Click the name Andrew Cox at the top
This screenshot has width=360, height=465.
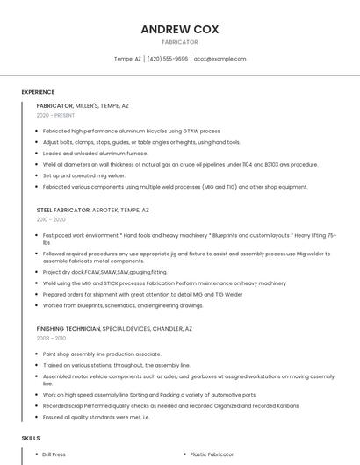(180, 29)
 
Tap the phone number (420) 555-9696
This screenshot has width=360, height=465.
(168, 59)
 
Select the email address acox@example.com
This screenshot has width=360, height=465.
(220, 59)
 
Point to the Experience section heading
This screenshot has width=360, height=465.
(38, 92)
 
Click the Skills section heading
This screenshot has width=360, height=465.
(31, 437)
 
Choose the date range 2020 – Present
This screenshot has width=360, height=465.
(56, 115)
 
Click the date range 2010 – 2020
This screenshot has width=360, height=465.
(51, 219)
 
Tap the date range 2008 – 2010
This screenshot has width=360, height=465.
(51, 338)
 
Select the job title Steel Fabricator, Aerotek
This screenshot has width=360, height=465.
(93, 211)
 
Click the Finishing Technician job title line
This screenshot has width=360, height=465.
(114, 329)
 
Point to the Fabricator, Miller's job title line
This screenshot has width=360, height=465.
(83, 106)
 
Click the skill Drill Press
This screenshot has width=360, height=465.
(54, 454)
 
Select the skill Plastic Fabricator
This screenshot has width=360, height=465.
(212, 454)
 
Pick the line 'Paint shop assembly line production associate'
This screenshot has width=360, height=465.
(102, 354)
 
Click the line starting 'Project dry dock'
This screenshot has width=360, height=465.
(104, 272)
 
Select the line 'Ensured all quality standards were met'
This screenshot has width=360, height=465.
(97, 417)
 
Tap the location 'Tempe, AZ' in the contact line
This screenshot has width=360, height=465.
(127, 59)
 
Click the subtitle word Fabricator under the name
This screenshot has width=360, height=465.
(180, 42)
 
